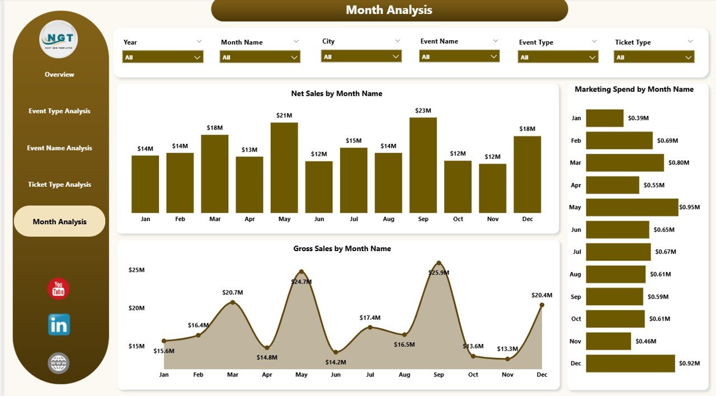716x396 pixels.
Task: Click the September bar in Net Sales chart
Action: coord(423,165)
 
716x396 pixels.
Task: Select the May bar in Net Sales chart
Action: coord(284,168)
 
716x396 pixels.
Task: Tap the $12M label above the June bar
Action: coord(319,154)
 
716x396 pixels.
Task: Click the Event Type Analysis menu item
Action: coord(59,111)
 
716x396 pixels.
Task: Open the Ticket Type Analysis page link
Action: coord(59,185)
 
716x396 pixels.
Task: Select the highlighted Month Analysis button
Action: coord(59,221)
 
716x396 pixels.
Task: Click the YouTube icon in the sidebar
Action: coord(59,289)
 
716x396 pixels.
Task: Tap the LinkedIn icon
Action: coord(59,324)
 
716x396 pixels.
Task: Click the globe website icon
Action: coord(59,363)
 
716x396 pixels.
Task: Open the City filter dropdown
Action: coord(361,56)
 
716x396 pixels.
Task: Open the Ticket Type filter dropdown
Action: coord(654,57)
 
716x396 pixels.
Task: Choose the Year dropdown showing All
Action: coord(163,57)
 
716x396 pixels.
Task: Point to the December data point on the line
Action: coord(541,305)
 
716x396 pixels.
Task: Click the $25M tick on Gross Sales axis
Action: coord(137,270)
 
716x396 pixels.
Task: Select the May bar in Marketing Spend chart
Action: coord(632,207)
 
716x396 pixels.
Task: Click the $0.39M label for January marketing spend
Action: coord(638,118)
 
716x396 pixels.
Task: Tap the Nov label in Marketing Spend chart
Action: coord(575,341)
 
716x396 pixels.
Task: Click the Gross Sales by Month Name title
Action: coord(342,248)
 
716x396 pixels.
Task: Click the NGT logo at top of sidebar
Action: coord(59,39)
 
